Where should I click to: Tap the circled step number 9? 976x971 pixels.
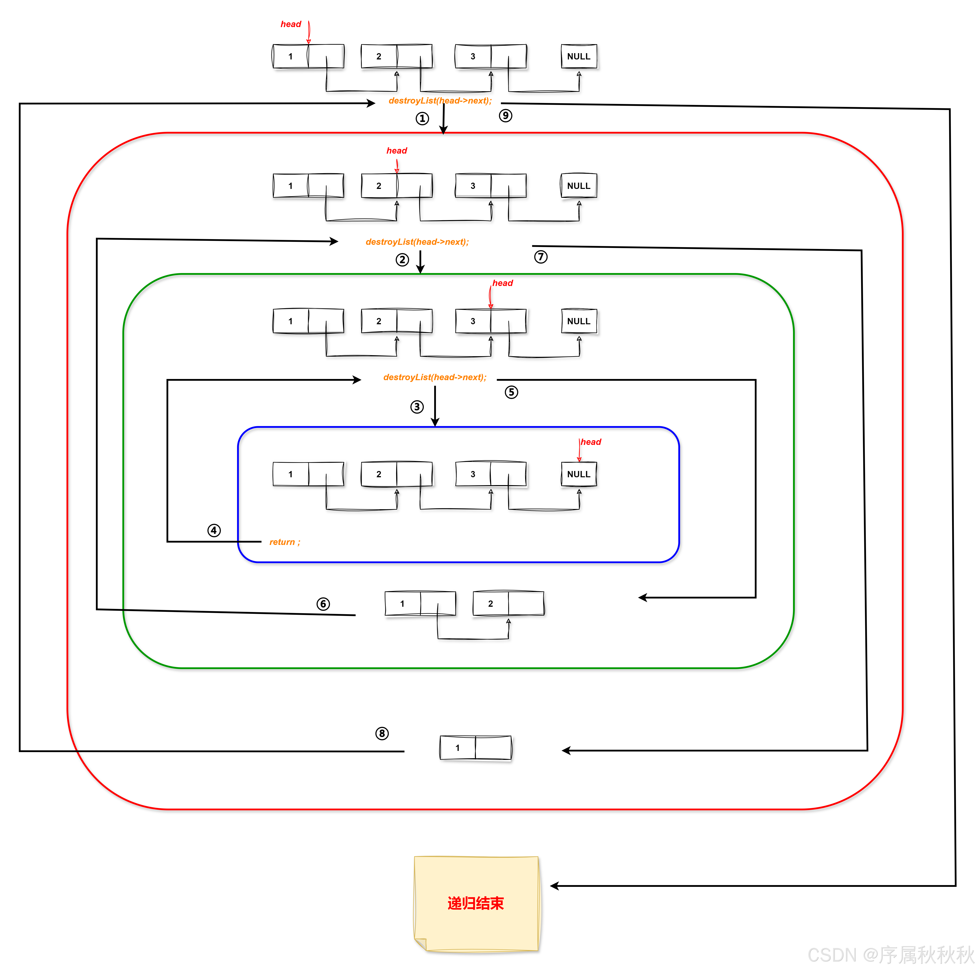[505, 116]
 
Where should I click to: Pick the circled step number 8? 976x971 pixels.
[382, 734]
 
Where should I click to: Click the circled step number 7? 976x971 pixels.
[540, 257]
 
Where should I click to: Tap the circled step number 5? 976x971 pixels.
[511, 392]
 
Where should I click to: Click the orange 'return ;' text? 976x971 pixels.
[284, 542]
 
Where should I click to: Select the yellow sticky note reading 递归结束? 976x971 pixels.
[476, 903]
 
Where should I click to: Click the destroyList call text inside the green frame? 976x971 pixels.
[434, 377]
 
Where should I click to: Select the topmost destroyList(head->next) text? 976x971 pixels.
[439, 101]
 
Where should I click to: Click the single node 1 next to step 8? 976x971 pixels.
[475, 748]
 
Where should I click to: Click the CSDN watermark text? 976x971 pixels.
[890, 955]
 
